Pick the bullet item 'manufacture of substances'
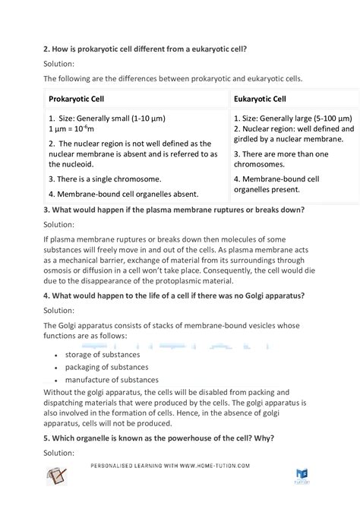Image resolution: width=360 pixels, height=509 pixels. click(112, 380)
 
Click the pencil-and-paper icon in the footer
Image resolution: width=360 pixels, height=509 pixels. click(58, 475)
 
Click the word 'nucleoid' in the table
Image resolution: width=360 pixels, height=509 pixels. click(75, 164)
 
